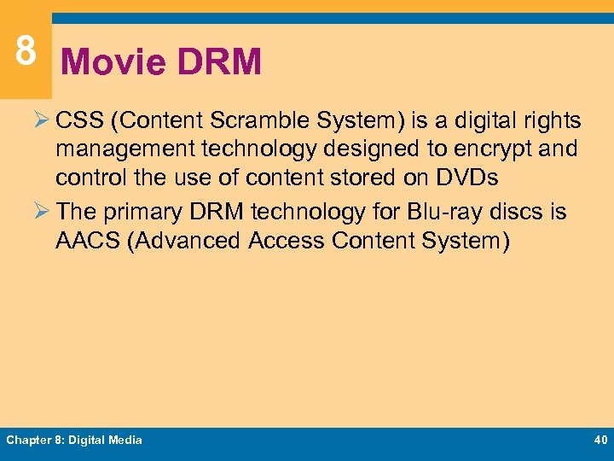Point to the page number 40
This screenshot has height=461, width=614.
[599, 440]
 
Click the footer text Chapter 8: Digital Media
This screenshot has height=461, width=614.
[74, 440]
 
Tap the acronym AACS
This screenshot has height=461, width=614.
[87, 241]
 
